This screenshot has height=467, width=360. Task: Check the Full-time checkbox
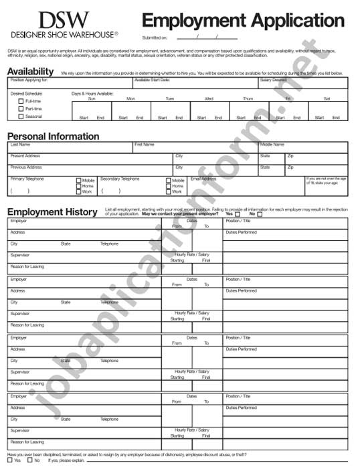[x=21, y=101]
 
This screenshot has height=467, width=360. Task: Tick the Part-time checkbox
[x=21, y=108]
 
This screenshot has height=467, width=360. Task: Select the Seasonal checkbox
[x=21, y=116]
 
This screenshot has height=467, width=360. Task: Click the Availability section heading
[x=30, y=72]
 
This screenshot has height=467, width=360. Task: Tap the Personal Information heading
[x=54, y=136]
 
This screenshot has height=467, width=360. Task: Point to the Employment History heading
[x=52, y=212]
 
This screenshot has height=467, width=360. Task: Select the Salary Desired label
[x=274, y=80]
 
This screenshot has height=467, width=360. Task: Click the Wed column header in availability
[x=209, y=99]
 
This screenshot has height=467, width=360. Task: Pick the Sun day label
[x=92, y=99]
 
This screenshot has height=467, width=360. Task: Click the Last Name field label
[x=20, y=145]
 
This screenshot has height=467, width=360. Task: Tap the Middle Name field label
[x=272, y=145]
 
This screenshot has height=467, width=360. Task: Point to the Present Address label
[x=25, y=156]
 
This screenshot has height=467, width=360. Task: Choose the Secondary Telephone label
[x=120, y=179]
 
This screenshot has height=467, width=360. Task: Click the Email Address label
[x=203, y=179]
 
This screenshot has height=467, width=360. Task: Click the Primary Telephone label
[x=27, y=179]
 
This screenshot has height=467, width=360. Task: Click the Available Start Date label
[x=152, y=80]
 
